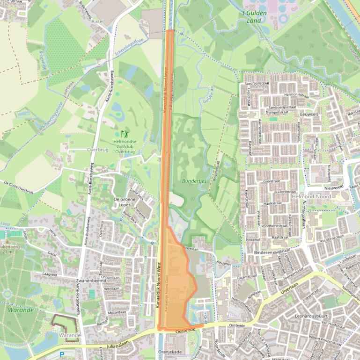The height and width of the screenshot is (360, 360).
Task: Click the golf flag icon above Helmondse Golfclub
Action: pos(124,134)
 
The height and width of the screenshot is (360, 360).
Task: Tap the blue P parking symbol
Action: pos(62,354)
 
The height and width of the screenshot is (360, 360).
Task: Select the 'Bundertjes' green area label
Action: pos(194,181)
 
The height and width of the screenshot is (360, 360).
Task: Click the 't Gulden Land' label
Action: pos(254,17)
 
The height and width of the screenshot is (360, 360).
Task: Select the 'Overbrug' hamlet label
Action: pos(97,150)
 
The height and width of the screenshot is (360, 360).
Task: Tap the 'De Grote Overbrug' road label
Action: pos(18,187)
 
